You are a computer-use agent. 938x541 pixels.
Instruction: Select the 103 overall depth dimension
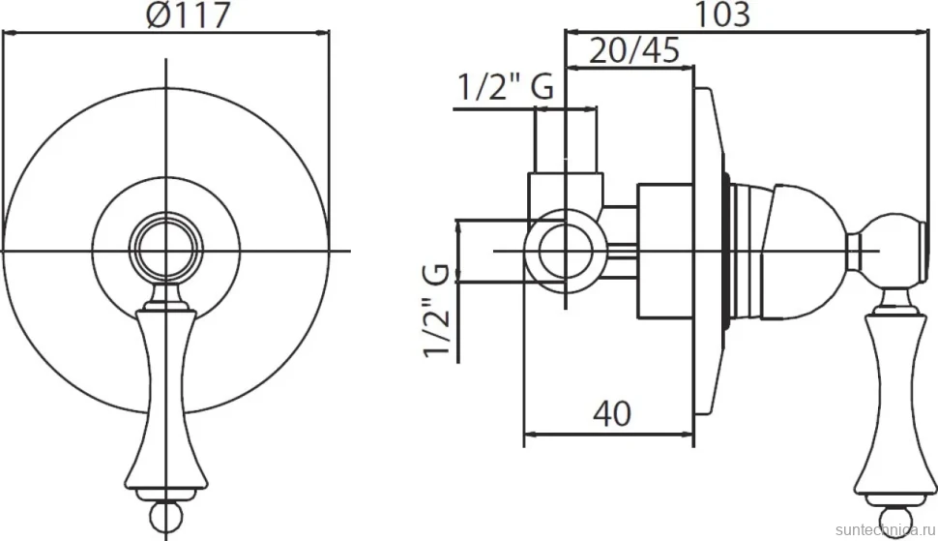pyautogui.click(x=721, y=15)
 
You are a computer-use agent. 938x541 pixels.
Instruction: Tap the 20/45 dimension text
pyautogui.click(x=634, y=50)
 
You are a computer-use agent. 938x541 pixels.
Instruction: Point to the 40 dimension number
pyautogui.click(x=612, y=413)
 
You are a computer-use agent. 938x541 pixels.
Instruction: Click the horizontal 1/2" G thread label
pyautogui.click(x=506, y=87)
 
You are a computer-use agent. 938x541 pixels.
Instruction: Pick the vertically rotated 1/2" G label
pyautogui.click(x=436, y=310)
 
